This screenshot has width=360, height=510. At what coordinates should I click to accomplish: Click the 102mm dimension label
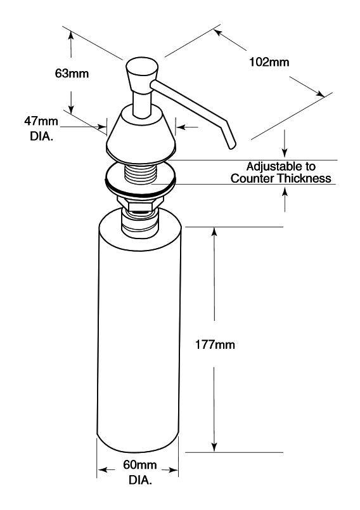(269, 62)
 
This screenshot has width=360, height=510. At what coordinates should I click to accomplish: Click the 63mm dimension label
(72, 74)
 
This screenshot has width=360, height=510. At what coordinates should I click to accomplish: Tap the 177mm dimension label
(215, 344)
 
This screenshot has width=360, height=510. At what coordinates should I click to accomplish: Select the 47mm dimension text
(41, 121)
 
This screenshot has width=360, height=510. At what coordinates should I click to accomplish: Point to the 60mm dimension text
(139, 465)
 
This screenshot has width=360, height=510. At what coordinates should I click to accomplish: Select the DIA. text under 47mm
(41, 136)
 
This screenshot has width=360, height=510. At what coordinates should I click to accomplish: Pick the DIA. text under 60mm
(140, 480)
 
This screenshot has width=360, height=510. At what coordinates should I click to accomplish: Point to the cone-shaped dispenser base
(141, 135)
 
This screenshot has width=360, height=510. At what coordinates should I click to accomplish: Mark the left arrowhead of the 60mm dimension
(101, 470)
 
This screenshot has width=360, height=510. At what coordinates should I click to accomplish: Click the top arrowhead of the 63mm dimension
(72, 36)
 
